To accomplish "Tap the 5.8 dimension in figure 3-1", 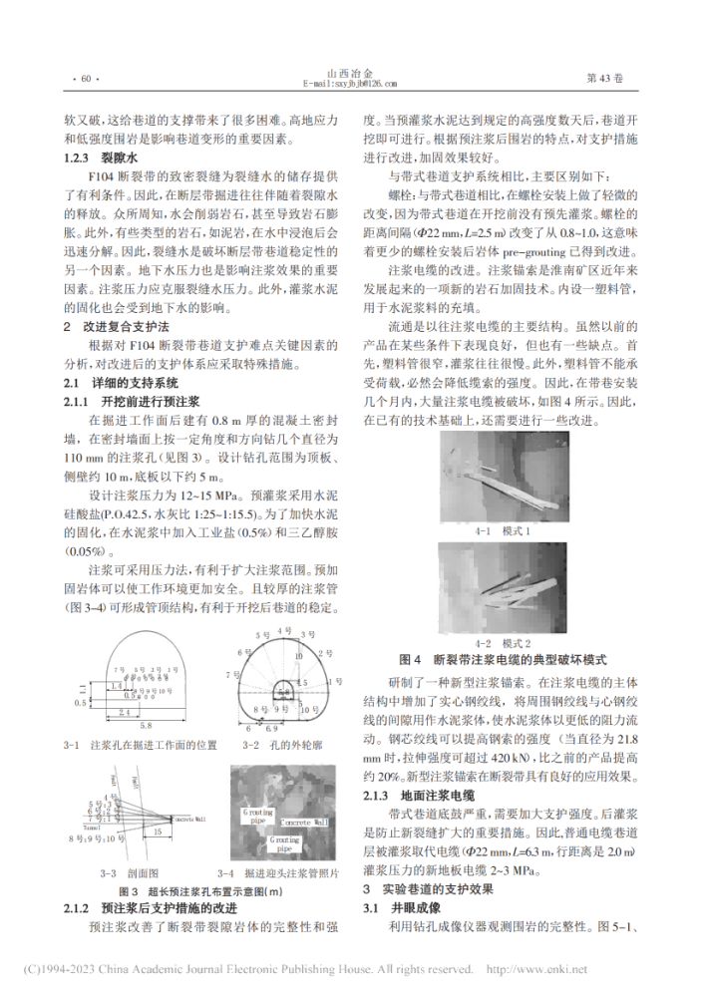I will tap(147, 726).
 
